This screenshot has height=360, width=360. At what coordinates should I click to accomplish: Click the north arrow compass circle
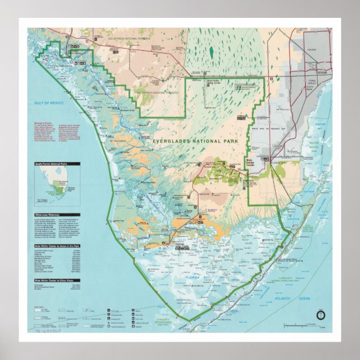320,315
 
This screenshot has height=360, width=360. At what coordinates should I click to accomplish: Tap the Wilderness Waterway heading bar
57,215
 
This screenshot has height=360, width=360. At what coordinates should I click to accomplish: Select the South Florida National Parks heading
57,164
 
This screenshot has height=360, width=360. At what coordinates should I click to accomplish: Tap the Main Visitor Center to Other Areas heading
57,280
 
